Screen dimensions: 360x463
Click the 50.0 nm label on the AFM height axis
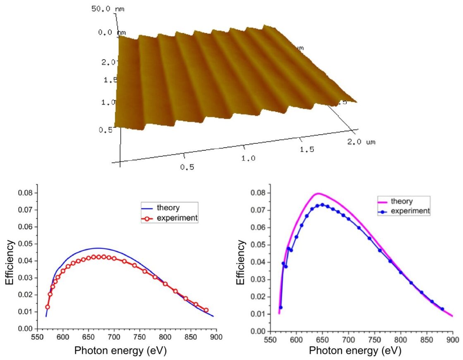point(104,8)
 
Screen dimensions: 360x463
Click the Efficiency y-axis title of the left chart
point(10,263)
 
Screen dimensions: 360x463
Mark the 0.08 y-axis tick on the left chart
point(26,193)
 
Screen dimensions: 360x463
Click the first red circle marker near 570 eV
point(48,307)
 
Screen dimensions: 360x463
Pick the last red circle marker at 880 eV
point(206,310)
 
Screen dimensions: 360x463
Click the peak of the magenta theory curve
point(317,193)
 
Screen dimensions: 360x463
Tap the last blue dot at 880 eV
point(442,309)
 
